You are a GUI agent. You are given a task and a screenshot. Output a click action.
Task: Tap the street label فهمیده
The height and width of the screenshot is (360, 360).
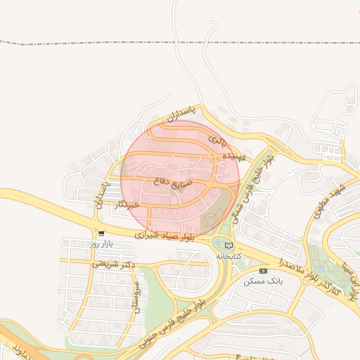(233, 156)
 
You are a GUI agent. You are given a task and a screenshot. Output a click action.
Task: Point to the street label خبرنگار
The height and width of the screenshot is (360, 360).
(129, 205)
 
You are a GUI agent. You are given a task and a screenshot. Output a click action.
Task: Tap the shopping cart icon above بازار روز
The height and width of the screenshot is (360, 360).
(101, 233)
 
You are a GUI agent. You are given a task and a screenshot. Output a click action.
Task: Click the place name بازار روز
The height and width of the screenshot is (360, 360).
(101, 244)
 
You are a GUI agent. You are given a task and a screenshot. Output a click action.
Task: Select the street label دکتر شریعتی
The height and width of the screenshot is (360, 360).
(112, 264)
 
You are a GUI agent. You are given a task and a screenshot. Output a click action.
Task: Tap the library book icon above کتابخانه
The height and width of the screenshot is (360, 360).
(229, 245)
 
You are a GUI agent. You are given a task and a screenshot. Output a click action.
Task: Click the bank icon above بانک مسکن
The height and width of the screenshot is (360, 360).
(263, 271)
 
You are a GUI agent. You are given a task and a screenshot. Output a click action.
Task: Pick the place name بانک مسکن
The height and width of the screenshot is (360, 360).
(263, 281)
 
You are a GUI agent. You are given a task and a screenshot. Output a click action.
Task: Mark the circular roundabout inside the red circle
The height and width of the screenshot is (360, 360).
(210, 222)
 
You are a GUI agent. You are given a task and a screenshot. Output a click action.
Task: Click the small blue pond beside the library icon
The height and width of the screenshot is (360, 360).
(218, 245)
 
